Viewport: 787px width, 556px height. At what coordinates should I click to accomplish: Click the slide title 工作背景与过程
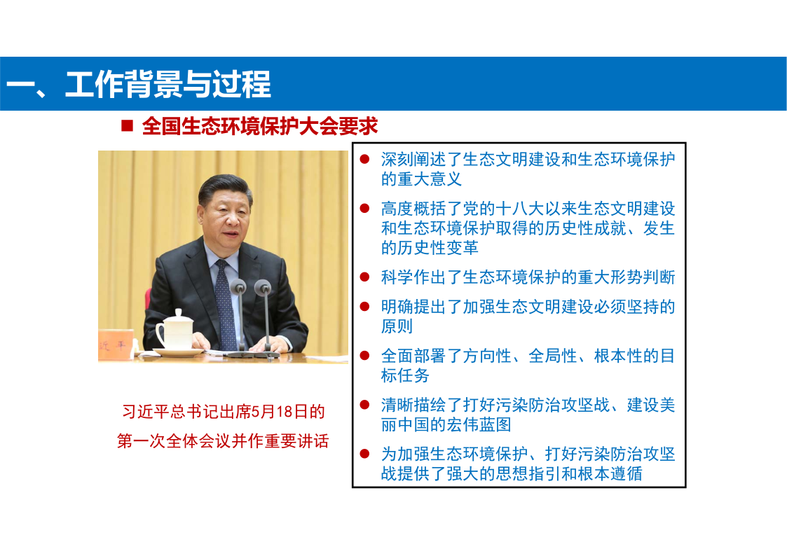point(167,84)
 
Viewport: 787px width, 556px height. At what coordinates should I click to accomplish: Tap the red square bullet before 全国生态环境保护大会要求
point(127,125)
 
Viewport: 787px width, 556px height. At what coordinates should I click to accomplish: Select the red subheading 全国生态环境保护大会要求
point(259,126)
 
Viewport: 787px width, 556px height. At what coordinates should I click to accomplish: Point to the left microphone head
point(238,287)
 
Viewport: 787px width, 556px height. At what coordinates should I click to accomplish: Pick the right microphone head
point(263,287)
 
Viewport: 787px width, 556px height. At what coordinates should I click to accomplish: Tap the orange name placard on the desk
point(115,345)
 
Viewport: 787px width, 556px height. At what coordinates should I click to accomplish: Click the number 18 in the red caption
point(284,412)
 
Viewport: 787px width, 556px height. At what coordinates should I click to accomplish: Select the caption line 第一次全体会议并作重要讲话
point(223,440)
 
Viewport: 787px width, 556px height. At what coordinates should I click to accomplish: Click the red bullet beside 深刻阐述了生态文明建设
point(365,160)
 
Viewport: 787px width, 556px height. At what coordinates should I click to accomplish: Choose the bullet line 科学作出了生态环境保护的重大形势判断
point(528,277)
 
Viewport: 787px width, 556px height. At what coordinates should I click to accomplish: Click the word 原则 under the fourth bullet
point(397,326)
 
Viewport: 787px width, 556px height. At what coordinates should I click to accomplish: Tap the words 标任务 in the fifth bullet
point(406,375)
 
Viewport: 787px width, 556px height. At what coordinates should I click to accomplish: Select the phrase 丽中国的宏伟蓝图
point(446,424)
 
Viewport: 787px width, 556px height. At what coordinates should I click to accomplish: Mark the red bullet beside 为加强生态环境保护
point(365,454)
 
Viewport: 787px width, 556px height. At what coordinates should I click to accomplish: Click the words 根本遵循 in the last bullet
point(610,473)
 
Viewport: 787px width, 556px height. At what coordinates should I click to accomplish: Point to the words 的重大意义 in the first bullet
point(422,179)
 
